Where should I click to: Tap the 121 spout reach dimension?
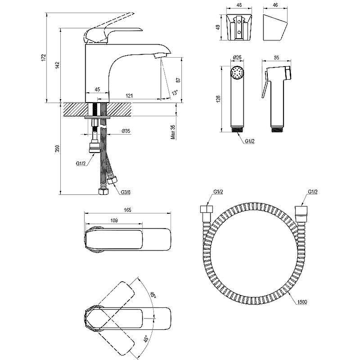tap(129, 96)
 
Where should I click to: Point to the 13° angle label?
tap(175, 93)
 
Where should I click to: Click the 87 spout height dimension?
tap(178, 80)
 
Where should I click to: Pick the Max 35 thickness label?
tap(173, 131)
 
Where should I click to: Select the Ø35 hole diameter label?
tap(126, 131)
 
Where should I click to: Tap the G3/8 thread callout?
tap(126, 193)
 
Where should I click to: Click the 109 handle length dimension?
tap(114, 220)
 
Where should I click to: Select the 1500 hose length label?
tap(301, 302)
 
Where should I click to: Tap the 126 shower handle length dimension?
tap(218, 99)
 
